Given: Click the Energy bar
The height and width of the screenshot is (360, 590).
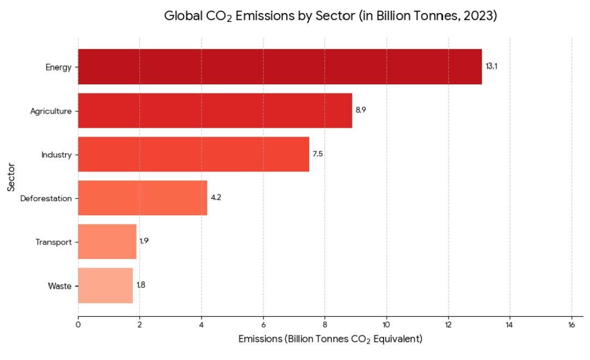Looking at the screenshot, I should tap(280, 67).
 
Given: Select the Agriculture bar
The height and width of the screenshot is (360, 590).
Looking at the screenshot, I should tap(215, 110).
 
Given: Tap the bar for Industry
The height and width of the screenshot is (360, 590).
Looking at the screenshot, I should tap(193, 154).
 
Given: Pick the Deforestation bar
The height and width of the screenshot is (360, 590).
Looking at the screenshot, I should tap(143, 198).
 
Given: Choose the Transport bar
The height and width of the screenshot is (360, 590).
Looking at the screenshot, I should tap(107, 241).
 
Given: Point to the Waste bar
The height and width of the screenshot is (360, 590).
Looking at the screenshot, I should tap(105, 285).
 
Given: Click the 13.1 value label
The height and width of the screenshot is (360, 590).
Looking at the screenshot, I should tap(491, 67).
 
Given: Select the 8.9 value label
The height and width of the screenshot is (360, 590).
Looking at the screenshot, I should tap(361, 110).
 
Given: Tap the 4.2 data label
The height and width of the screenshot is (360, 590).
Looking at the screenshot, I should tap(216, 198).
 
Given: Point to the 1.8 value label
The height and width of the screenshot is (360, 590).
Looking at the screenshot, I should tap(141, 285).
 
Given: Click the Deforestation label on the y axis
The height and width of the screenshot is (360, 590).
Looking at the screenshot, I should tap(46, 198).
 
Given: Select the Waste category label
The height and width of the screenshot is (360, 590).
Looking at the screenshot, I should tap(60, 286).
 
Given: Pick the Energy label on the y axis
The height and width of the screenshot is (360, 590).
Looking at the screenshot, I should tap(58, 67).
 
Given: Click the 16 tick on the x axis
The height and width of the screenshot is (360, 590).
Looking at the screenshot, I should tap(571, 325).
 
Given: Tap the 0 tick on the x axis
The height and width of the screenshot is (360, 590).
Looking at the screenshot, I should tap(78, 325).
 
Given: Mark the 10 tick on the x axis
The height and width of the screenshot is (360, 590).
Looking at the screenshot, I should tap(386, 325).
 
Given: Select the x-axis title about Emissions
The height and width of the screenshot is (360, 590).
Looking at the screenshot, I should tap(331, 339).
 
